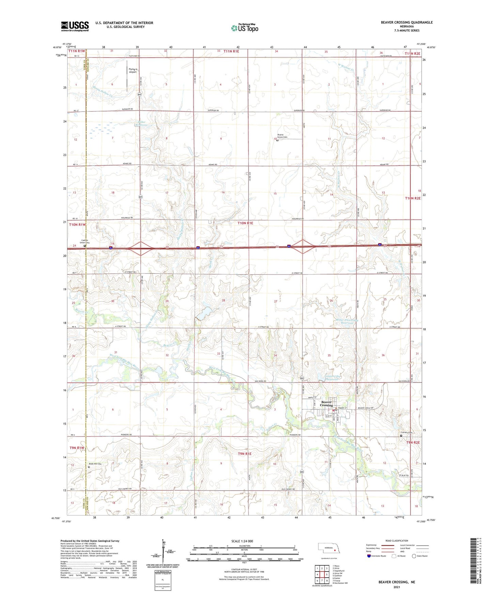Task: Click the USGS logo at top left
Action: coord(75,26)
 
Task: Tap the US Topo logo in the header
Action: coord(244,28)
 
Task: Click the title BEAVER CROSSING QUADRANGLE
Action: coord(407,22)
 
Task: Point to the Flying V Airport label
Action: coord(133,70)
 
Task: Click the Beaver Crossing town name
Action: coord(326,403)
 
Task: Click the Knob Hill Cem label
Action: coord(96,464)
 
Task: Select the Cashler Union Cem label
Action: coord(84,242)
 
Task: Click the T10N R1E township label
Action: coord(245,223)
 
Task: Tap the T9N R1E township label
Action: coord(244,454)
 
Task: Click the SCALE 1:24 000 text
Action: coord(242,541)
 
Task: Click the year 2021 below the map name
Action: coord(396,587)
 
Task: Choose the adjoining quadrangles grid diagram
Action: coord(322,573)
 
